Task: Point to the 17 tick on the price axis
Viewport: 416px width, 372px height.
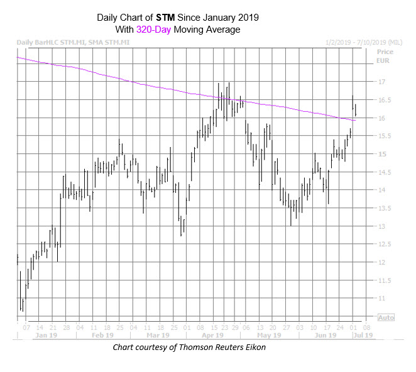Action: (380, 82)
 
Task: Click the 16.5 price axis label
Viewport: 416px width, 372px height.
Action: (382, 101)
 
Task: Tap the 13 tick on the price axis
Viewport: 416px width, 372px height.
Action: (380, 226)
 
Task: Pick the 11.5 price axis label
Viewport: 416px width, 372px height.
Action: (382, 280)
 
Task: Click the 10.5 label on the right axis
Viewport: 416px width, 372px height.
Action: (382, 317)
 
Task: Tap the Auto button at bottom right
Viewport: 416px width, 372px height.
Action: (386, 318)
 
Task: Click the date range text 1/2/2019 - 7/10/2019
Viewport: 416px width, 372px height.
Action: (358, 43)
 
